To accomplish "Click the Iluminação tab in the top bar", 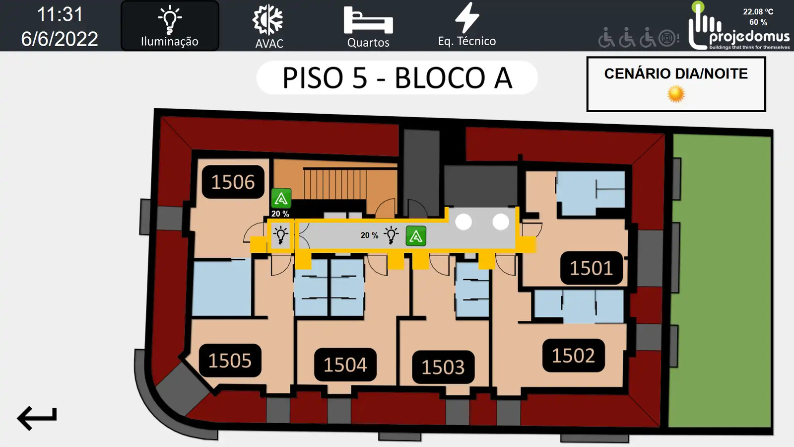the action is click(x=170, y=26).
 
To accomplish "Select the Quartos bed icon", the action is click(x=368, y=20).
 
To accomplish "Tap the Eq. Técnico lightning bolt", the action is click(x=467, y=18).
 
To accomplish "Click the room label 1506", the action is click(x=233, y=182).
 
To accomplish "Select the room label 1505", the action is click(x=230, y=361).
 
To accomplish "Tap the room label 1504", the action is click(x=345, y=365).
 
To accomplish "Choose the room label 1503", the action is click(x=443, y=367).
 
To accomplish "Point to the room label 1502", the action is click(x=574, y=356).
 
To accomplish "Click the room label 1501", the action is click(x=591, y=268).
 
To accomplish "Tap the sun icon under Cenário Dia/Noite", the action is click(x=676, y=94).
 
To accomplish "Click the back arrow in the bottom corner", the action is click(x=37, y=418).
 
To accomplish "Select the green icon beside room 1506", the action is click(x=281, y=198).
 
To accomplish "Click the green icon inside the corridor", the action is click(x=416, y=236).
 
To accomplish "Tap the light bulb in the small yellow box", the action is click(x=281, y=235).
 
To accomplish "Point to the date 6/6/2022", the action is click(x=60, y=39).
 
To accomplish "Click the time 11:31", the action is click(x=60, y=14).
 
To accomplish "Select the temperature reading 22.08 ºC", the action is click(x=758, y=12).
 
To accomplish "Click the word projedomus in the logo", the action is click(x=749, y=37).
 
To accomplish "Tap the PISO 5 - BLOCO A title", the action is click(x=397, y=77).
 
